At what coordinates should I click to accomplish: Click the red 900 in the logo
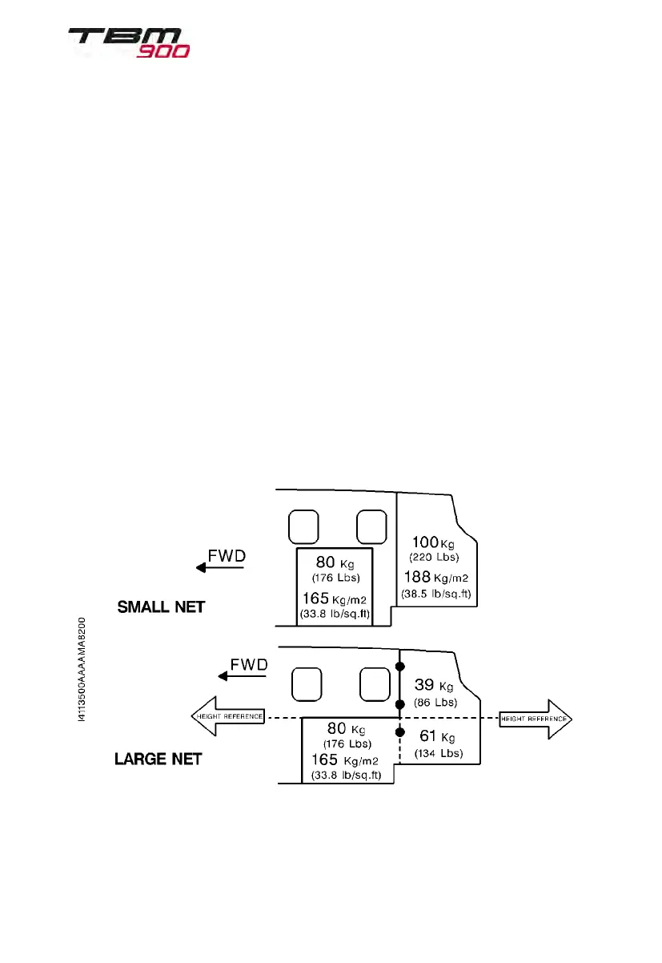pyautogui.click(x=164, y=51)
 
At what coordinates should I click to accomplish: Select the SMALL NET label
pyautogui.click(x=161, y=607)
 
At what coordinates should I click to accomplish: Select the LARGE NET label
pyautogui.click(x=158, y=758)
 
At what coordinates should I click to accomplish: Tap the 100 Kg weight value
pyautogui.click(x=432, y=542)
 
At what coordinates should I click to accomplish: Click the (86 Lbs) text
pyautogui.click(x=435, y=703)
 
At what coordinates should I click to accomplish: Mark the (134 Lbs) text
pyautogui.click(x=438, y=753)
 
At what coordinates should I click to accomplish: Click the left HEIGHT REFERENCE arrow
pyautogui.click(x=227, y=716)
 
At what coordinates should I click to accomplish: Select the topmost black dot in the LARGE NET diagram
pyautogui.click(x=399, y=667)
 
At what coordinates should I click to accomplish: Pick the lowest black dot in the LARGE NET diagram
pyautogui.click(x=399, y=731)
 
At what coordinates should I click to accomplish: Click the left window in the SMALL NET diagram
pyautogui.click(x=303, y=526)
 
